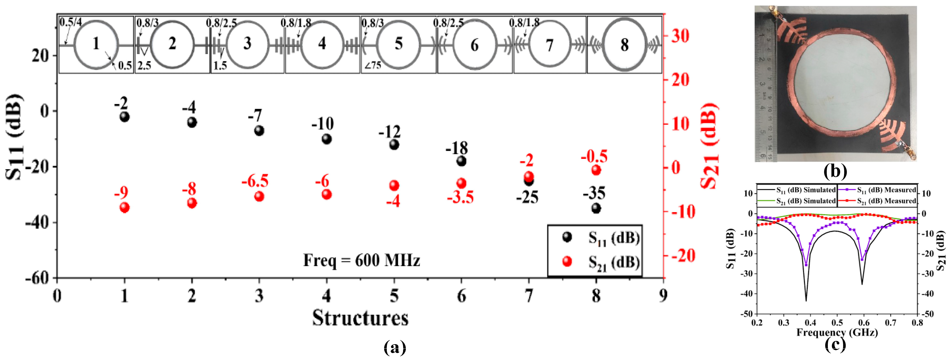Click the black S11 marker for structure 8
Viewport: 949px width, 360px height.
tap(596, 208)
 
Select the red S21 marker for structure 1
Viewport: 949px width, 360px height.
tap(125, 208)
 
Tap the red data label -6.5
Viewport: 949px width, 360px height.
tap(255, 181)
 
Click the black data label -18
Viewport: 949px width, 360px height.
tap(457, 148)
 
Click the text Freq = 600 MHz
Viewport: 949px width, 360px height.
tap(361, 261)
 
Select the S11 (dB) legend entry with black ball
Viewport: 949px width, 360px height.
tap(600, 238)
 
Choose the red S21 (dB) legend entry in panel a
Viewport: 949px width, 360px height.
tap(600, 262)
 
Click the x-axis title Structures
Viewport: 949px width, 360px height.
tap(360, 318)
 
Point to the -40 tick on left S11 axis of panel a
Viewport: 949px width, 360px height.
tap(37, 222)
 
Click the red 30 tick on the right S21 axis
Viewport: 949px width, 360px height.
tap(680, 36)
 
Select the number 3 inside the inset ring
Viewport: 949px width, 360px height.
tap(247, 43)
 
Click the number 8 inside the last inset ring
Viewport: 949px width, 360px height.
tap(624, 45)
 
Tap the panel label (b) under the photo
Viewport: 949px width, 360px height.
tap(835, 171)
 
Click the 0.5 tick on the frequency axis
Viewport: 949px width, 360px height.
tap(837, 323)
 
